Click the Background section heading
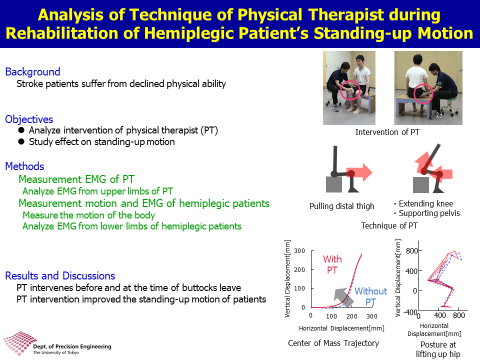[33, 71]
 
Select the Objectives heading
[29, 119]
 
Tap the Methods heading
[25, 166]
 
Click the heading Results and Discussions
[60, 276]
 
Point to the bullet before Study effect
[21, 141]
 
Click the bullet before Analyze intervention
[21, 130]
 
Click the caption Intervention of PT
[387, 132]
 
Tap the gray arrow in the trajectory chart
[343, 297]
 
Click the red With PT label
[332, 264]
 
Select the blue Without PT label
[370, 296]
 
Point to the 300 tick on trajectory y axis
[299, 251]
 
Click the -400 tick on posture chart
[410, 312]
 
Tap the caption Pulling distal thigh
[341, 206]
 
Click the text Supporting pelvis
[429, 213]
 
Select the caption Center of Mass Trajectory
[333, 343]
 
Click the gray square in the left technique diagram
[333, 184]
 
